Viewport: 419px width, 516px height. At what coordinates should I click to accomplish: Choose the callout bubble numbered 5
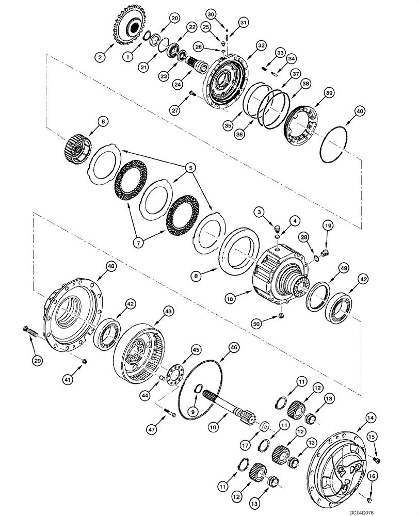pos(191,167)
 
